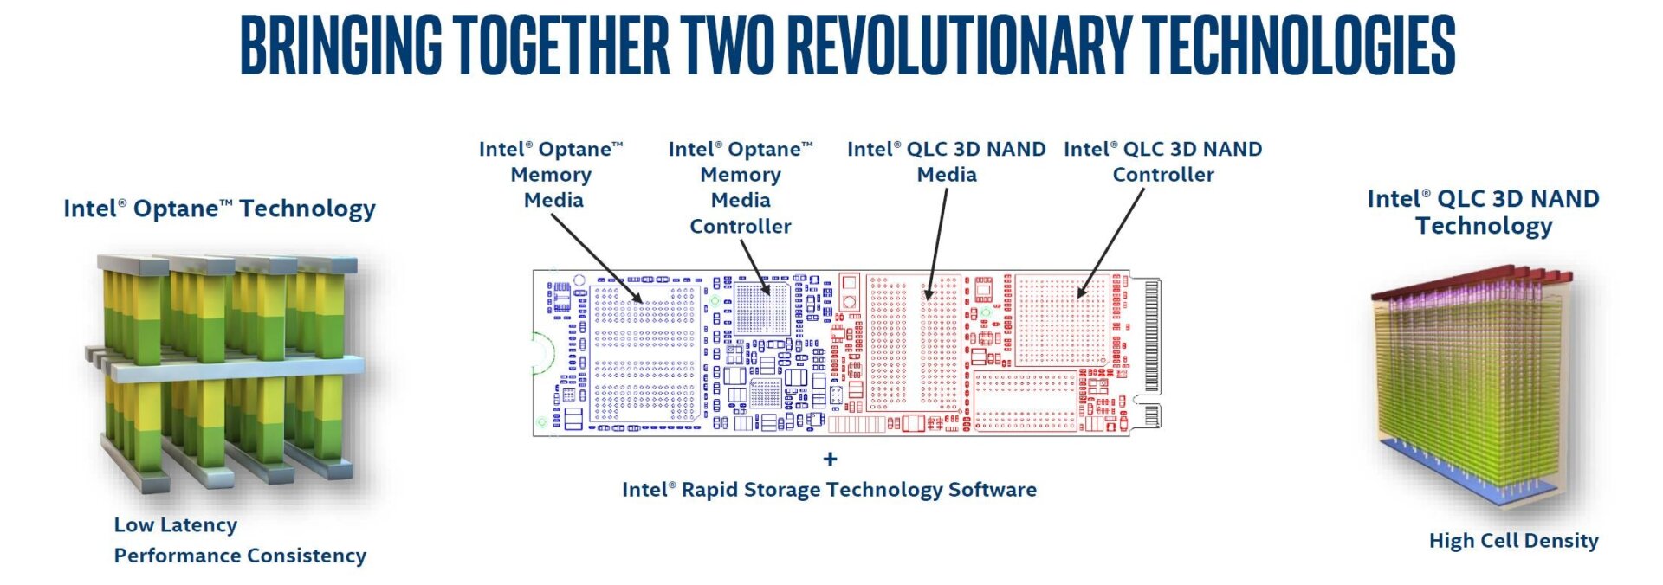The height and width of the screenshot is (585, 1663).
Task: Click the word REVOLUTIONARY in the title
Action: tap(960, 45)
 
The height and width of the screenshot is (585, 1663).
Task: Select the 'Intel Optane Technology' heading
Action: tap(219, 209)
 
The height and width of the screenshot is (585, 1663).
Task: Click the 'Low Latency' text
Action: tap(175, 524)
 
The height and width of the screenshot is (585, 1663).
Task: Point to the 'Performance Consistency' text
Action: tap(240, 556)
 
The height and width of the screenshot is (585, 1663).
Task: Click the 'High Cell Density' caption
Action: tap(1513, 541)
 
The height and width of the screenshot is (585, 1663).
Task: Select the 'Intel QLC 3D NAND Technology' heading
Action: tap(1483, 212)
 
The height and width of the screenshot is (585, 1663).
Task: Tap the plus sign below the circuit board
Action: tap(830, 459)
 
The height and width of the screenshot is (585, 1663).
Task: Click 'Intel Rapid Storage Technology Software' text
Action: tap(829, 490)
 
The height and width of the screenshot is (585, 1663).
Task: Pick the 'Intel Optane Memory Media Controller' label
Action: tap(741, 187)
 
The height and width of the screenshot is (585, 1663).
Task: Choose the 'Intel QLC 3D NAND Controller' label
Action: tap(1162, 162)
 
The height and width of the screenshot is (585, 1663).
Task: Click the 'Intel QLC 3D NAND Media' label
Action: tap(946, 162)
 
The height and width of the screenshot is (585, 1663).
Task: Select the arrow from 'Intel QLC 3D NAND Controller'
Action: tap(1111, 242)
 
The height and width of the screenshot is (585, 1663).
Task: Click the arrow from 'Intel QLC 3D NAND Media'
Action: tap(937, 242)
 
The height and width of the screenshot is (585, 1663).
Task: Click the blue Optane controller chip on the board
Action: tap(762, 308)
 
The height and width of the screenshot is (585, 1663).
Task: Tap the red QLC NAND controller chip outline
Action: tap(1062, 320)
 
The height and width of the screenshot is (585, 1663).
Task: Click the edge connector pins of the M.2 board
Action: tap(1152, 337)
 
